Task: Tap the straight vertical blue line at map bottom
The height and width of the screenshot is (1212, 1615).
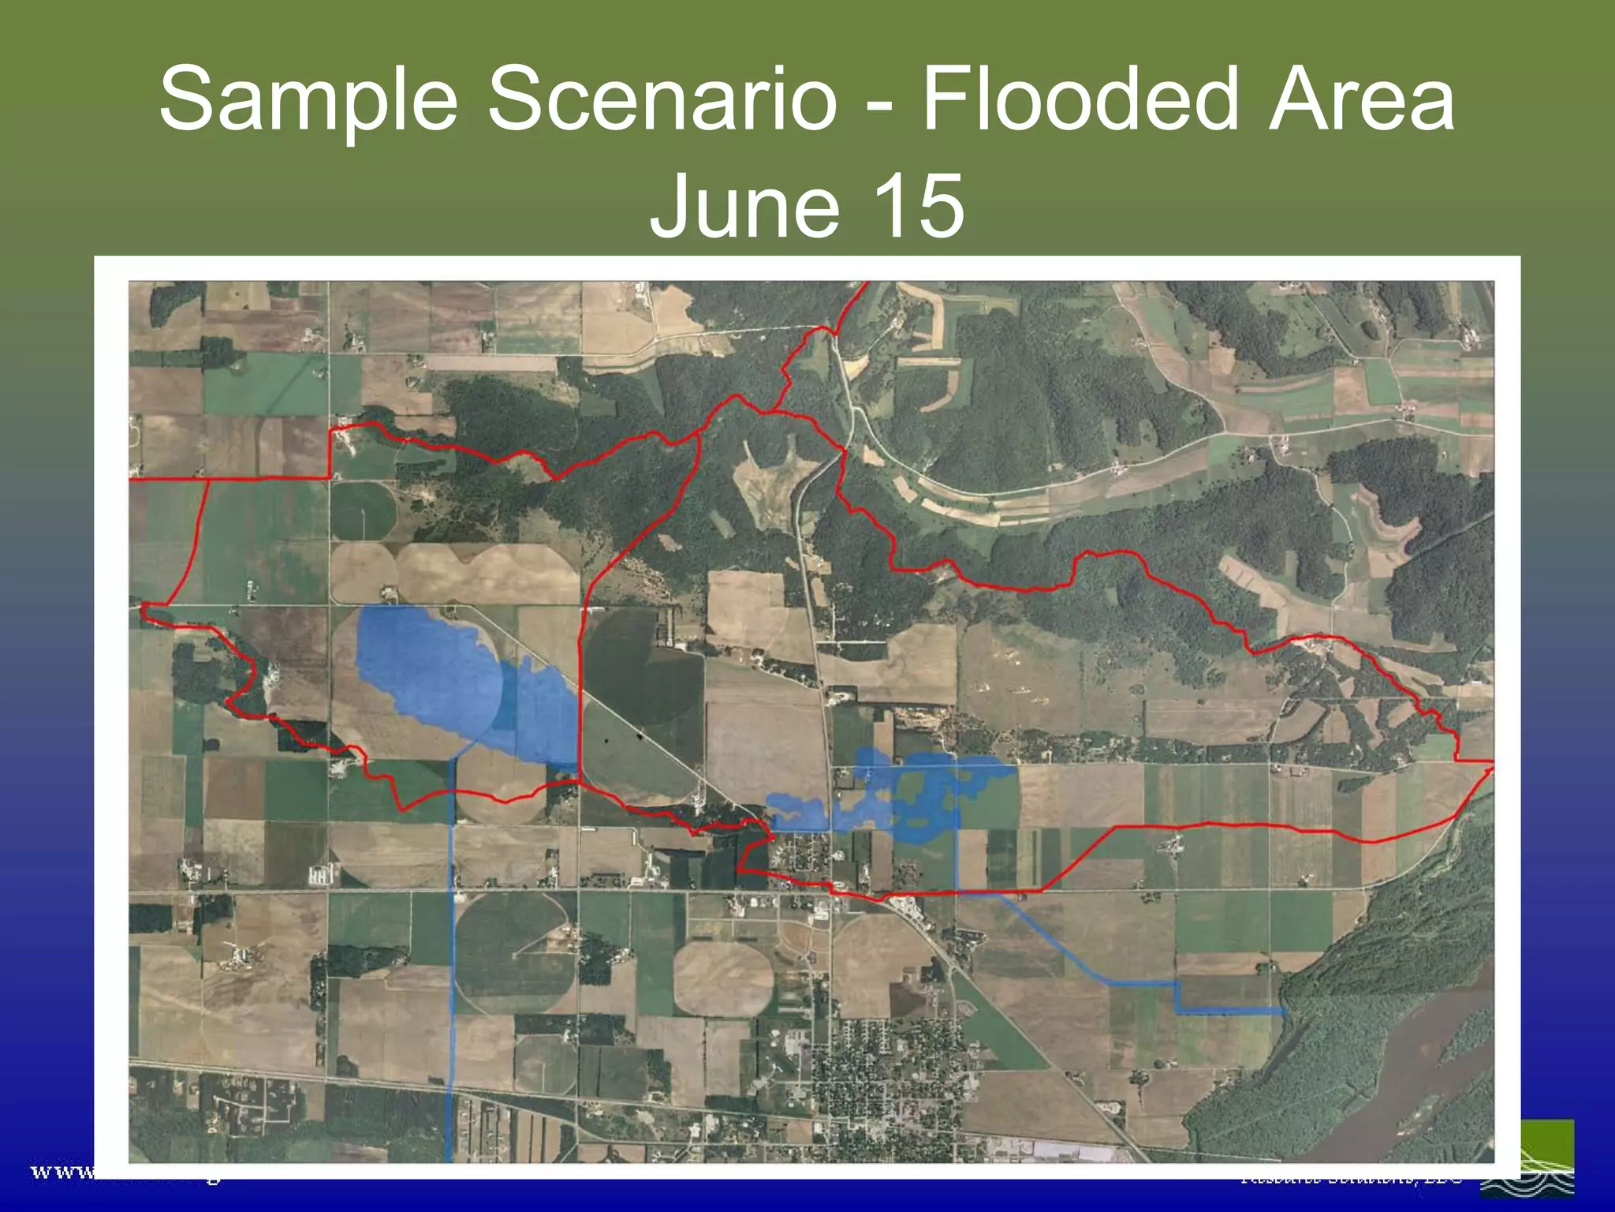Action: coord(450,1026)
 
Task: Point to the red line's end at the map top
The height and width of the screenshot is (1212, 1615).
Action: coord(867,283)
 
